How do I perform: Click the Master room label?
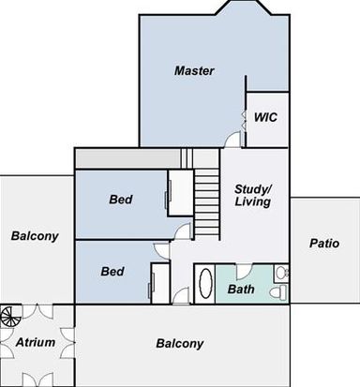[x=194, y=70]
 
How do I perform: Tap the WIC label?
[x=265, y=117]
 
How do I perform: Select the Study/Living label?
[x=253, y=196]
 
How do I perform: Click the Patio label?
[x=324, y=244]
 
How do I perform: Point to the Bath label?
[x=241, y=290]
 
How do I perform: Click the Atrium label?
[x=36, y=342]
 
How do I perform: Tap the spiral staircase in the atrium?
[x=10, y=316]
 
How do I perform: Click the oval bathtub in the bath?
[x=205, y=284]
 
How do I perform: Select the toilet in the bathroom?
[x=278, y=293]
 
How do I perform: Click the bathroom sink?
[x=281, y=273]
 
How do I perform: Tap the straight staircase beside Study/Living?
[x=206, y=203]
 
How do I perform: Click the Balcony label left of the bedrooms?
[x=35, y=236]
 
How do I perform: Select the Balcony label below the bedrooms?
[x=180, y=344]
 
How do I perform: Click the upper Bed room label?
[x=121, y=200]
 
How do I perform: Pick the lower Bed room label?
[x=112, y=271]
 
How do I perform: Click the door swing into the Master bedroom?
[x=232, y=139]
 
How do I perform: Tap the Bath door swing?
[x=244, y=272]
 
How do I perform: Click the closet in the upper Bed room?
[x=180, y=193]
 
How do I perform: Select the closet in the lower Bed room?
[x=160, y=283]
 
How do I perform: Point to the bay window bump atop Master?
[x=244, y=7]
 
